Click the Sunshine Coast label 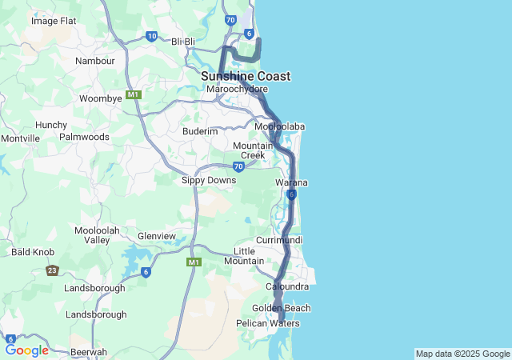point(246,76)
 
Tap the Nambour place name point(95,61)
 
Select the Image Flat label point(54,21)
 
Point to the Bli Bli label point(183,42)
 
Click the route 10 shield point(152,36)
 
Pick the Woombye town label point(100,98)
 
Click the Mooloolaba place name point(279,126)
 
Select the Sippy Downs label point(210,180)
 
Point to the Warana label point(291,183)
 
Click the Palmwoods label point(84,137)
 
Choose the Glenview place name point(157,236)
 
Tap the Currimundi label point(279,240)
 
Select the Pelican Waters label point(267,323)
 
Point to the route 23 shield point(52,271)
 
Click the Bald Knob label point(33,252)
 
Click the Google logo point(26,350)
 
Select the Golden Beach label point(281,308)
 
